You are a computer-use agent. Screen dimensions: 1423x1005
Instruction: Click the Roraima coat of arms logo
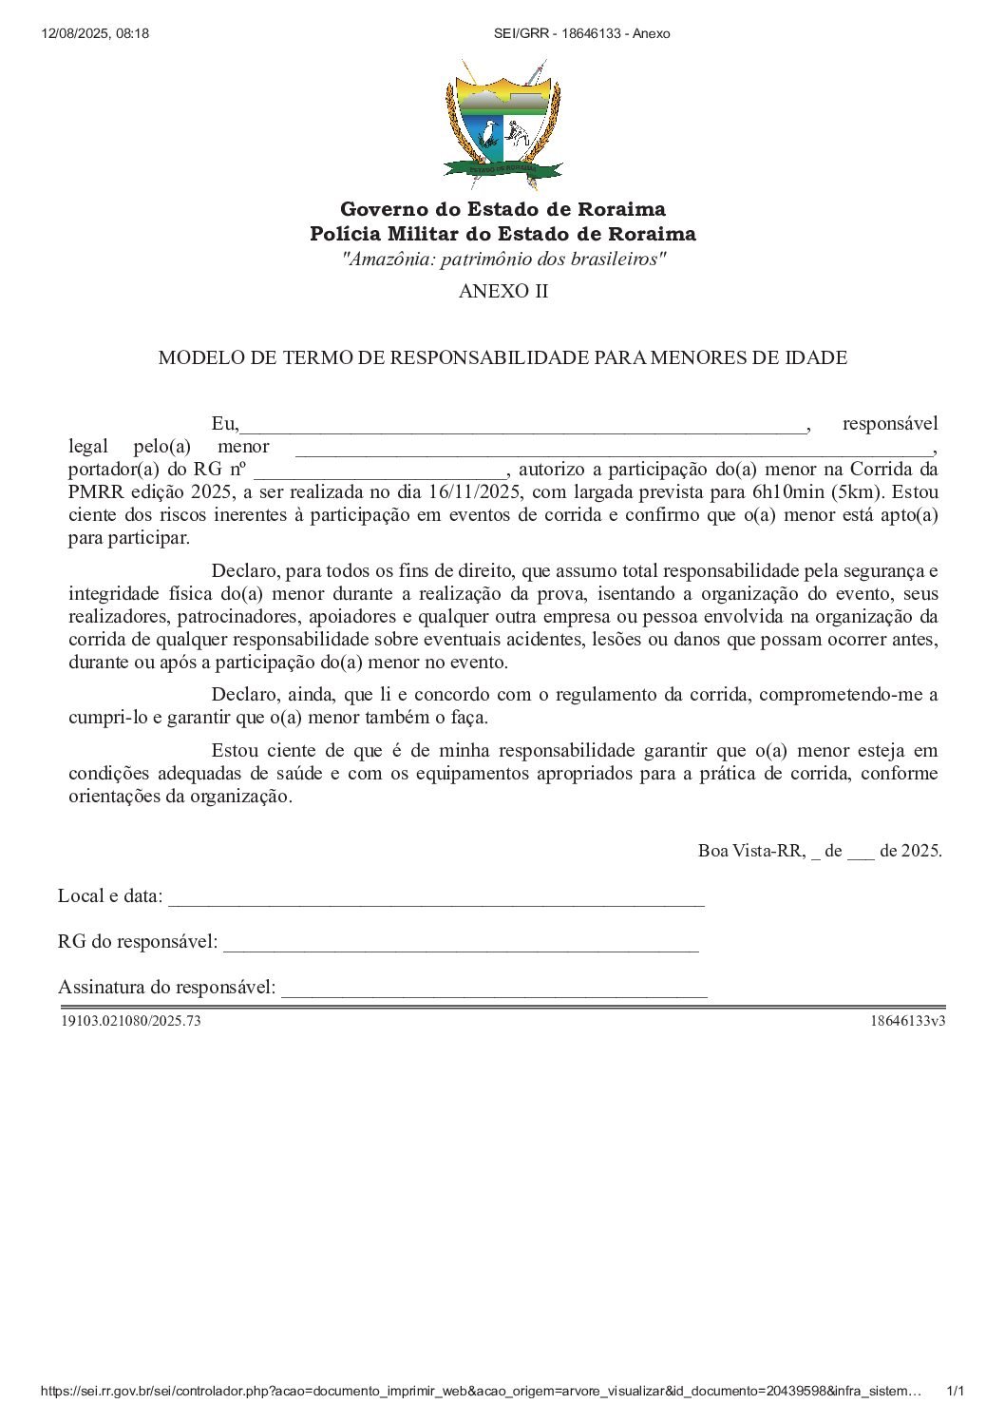coord(502,125)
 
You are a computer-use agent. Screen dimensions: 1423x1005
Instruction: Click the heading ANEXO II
coord(502,292)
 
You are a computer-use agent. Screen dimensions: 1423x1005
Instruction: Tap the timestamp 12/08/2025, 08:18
coord(95,33)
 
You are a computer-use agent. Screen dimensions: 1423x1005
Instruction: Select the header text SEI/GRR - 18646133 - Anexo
coord(581,33)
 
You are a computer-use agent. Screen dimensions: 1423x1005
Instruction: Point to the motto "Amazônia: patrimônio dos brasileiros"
coord(502,260)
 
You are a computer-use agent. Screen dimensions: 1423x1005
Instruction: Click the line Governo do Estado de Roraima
coord(502,209)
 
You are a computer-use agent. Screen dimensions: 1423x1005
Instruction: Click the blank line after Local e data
coord(436,898)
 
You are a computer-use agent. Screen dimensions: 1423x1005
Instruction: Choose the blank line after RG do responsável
coord(461,944)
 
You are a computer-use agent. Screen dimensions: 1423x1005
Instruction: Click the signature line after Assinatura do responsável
coord(494,990)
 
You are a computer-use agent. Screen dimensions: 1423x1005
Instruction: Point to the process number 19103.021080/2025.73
coord(131,1021)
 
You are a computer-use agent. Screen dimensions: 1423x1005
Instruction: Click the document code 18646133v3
coord(907,1021)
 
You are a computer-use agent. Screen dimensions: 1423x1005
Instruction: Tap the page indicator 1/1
coord(956,1392)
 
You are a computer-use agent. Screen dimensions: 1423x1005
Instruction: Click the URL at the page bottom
coord(481,1392)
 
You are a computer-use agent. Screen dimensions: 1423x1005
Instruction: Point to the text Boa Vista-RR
coord(750,851)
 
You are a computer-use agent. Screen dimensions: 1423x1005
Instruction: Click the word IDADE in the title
coord(816,358)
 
